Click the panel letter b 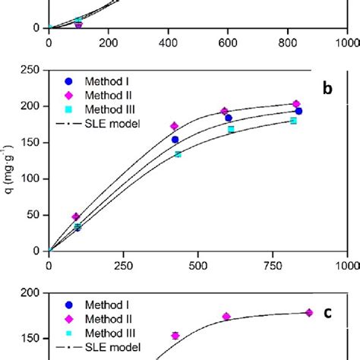[327, 89]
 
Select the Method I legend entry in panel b [98, 81]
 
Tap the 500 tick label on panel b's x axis [198, 266]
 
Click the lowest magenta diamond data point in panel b [75, 216]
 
